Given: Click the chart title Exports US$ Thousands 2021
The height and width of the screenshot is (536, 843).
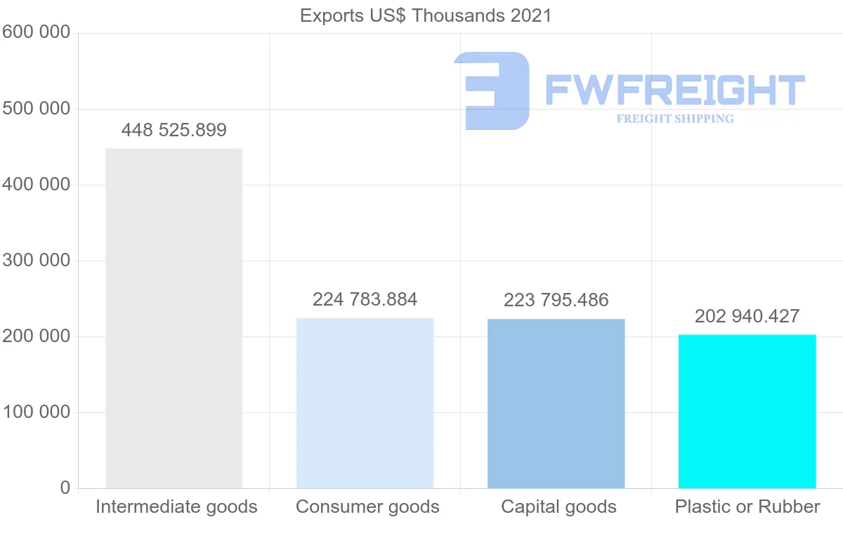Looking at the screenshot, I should [426, 15].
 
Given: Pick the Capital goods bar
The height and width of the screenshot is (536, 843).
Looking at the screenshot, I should [556, 403].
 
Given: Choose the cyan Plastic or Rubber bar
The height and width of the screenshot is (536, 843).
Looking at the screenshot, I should [747, 411].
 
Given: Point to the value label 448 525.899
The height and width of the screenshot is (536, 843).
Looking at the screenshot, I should [174, 130].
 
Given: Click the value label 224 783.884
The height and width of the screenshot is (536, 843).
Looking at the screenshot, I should [365, 299].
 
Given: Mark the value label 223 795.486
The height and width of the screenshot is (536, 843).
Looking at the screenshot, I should [556, 300].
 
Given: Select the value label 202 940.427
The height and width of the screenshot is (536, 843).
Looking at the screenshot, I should [747, 316].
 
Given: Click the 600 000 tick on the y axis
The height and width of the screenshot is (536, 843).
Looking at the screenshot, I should [36, 32].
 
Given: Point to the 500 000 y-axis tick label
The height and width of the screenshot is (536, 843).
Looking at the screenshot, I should [36, 109].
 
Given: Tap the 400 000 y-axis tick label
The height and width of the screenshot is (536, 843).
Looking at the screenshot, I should [36, 185].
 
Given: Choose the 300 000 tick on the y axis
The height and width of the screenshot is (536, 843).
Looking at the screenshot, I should [36, 261].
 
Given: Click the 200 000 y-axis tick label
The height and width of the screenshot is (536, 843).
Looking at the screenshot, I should [36, 336].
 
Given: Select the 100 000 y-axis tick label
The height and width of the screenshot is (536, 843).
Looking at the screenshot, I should [36, 412].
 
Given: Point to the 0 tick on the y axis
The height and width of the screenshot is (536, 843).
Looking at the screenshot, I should [65, 488].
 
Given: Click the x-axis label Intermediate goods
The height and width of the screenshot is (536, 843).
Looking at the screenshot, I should [176, 506].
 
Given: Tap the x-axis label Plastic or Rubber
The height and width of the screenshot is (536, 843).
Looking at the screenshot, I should [747, 506].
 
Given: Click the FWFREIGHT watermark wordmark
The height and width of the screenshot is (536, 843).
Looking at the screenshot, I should [674, 90].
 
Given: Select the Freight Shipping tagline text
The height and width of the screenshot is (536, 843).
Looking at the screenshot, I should [674, 119].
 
